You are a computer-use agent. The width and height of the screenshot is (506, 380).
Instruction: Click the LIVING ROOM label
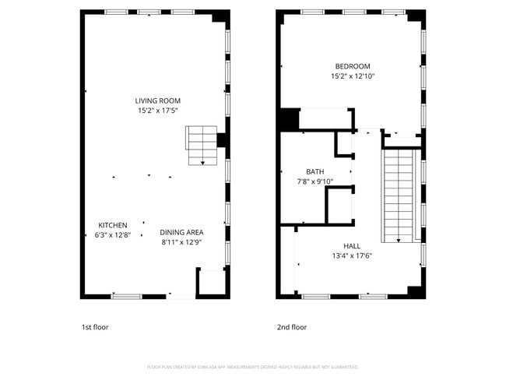(x=158, y=100)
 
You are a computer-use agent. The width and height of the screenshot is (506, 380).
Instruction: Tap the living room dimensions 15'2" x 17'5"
(x=158, y=111)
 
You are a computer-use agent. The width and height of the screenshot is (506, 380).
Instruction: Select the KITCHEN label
(x=112, y=225)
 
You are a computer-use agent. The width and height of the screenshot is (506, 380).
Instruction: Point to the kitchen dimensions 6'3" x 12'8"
(x=112, y=234)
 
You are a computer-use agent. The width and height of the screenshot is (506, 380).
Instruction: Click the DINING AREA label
(x=181, y=232)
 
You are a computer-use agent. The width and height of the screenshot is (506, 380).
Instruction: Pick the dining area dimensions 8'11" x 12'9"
(x=181, y=242)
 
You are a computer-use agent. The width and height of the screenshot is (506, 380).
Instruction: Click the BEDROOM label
(x=353, y=66)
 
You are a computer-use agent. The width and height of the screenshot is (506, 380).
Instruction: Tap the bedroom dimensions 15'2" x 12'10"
(x=353, y=76)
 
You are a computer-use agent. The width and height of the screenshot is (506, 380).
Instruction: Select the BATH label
(x=314, y=171)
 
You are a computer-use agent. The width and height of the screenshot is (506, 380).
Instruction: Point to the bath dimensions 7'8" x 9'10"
(x=314, y=181)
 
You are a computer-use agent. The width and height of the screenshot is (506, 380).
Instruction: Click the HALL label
(x=352, y=246)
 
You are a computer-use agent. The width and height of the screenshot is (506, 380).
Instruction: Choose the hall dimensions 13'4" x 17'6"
(x=352, y=255)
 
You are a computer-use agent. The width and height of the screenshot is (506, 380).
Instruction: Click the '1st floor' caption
(x=95, y=327)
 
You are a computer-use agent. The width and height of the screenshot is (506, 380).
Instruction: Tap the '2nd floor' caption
(x=292, y=327)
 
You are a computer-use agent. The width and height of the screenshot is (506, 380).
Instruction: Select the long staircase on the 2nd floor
(x=398, y=195)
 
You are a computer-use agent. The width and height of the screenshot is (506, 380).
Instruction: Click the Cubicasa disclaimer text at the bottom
(x=253, y=367)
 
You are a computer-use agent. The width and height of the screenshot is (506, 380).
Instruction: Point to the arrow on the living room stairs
(x=202, y=162)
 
